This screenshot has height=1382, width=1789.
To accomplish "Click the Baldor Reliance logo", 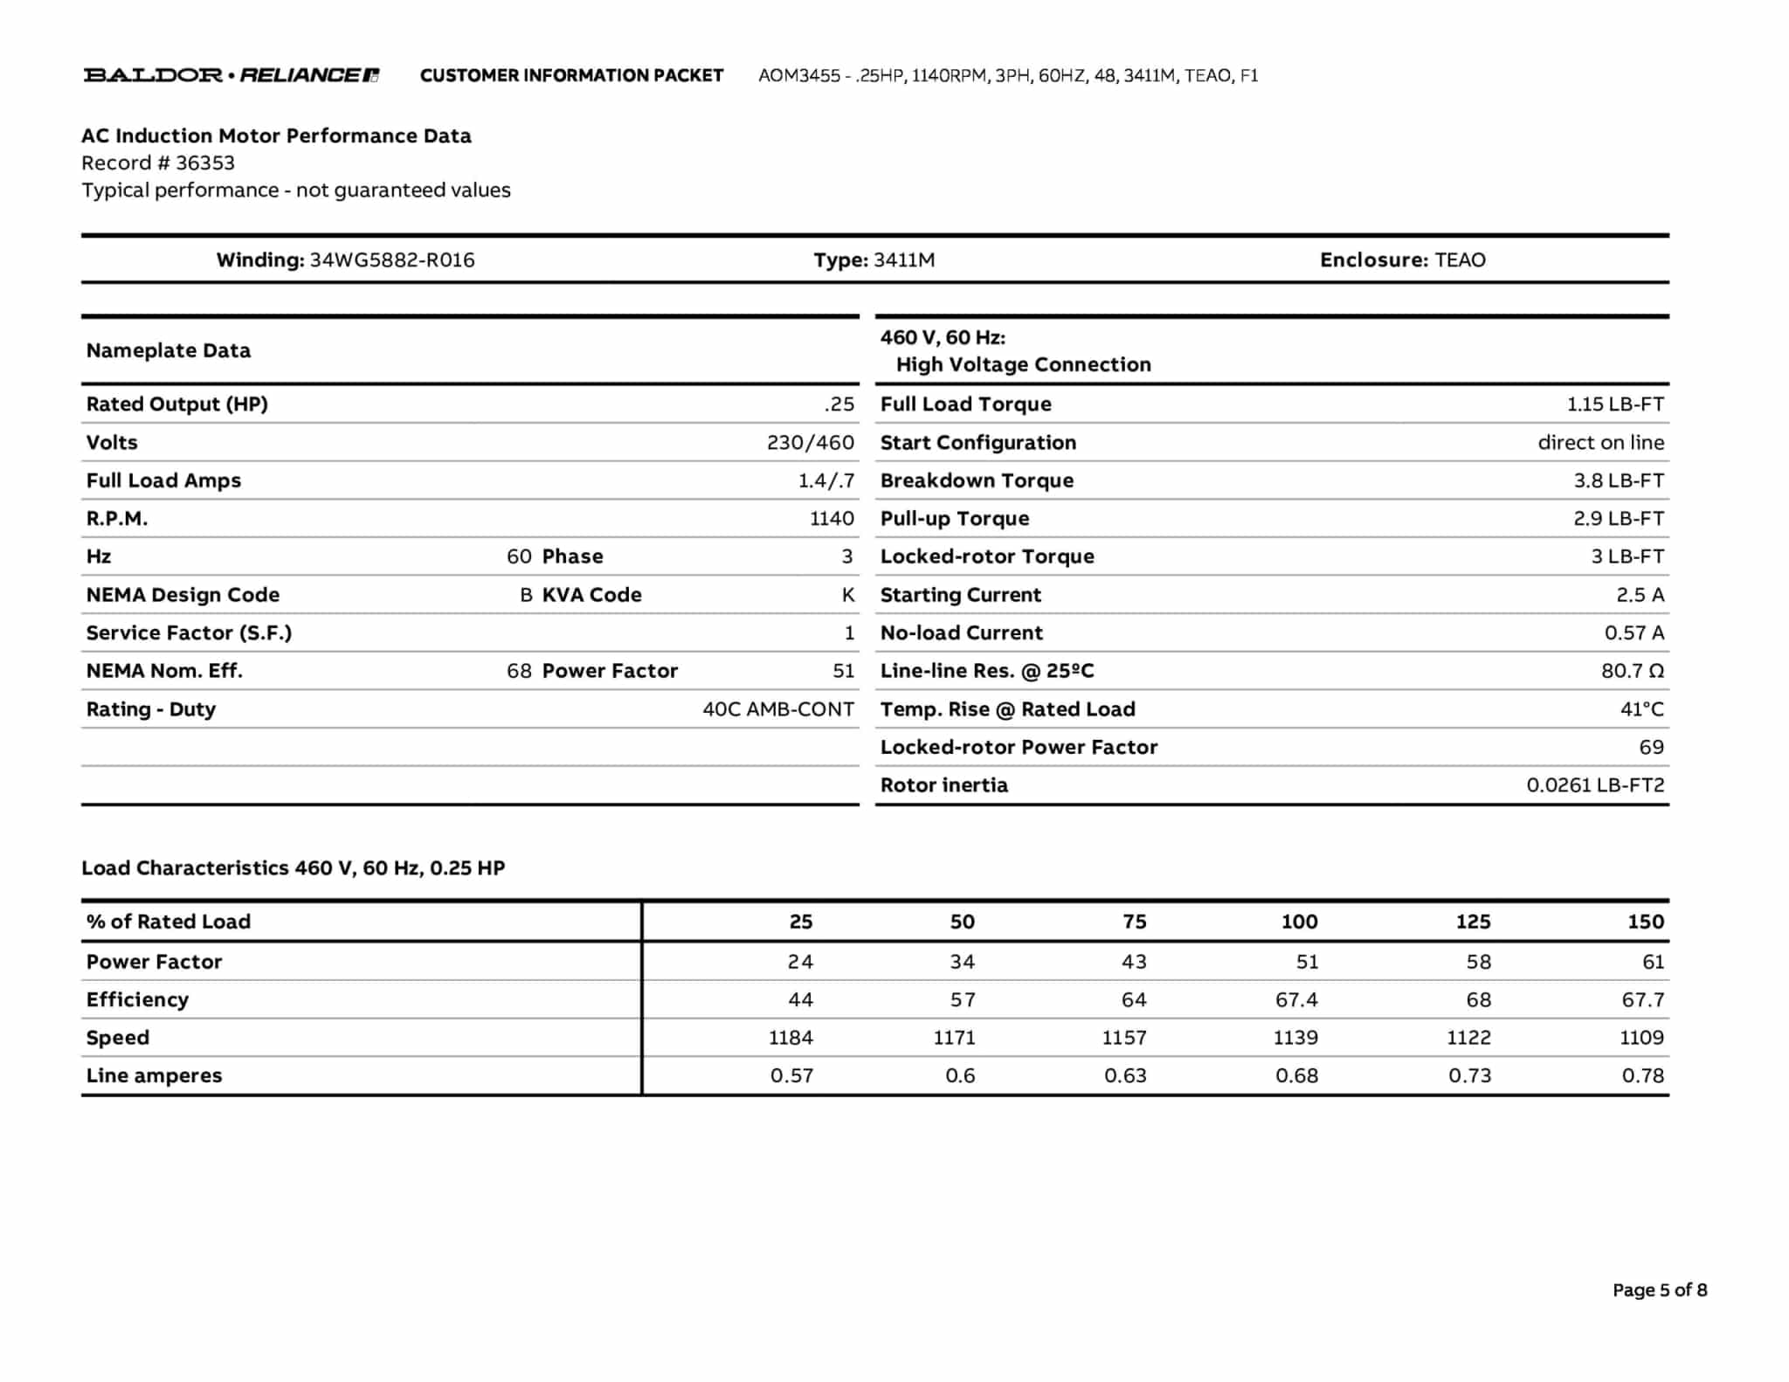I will tap(231, 75).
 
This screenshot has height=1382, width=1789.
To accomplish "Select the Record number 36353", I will tap(204, 163).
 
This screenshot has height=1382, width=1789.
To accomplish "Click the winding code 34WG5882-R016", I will tap(392, 260).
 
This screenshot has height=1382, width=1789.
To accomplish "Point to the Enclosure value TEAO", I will tap(1460, 260).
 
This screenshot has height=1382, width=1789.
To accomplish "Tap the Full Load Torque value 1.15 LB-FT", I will tap(1614, 404).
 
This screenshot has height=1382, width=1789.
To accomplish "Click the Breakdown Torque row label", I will tap(977, 480).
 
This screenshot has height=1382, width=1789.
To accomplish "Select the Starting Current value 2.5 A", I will tap(1640, 595).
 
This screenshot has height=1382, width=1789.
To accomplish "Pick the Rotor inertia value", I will tap(1595, 785).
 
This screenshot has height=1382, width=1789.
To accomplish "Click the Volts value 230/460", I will tap(810, 443).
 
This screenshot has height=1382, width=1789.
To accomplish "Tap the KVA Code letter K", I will tap(847, 595).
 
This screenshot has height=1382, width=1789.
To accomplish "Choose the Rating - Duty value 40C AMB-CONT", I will tap(777, 709).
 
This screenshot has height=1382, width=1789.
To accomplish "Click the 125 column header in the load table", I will tap(1473, 922).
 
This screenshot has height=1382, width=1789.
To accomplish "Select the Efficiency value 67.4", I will tap(1296, 999).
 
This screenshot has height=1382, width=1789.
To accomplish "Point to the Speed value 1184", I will tap(791, 1038).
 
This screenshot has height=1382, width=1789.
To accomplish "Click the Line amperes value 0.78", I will tap(1642, 1076).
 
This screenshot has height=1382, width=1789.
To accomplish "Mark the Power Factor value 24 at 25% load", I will tap(799, 962).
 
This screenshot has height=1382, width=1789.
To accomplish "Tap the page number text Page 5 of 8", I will tap(1659, 1290).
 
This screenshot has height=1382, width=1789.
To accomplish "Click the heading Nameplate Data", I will tap(169, 351).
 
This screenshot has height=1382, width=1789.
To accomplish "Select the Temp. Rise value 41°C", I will tap(1641, 709).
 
